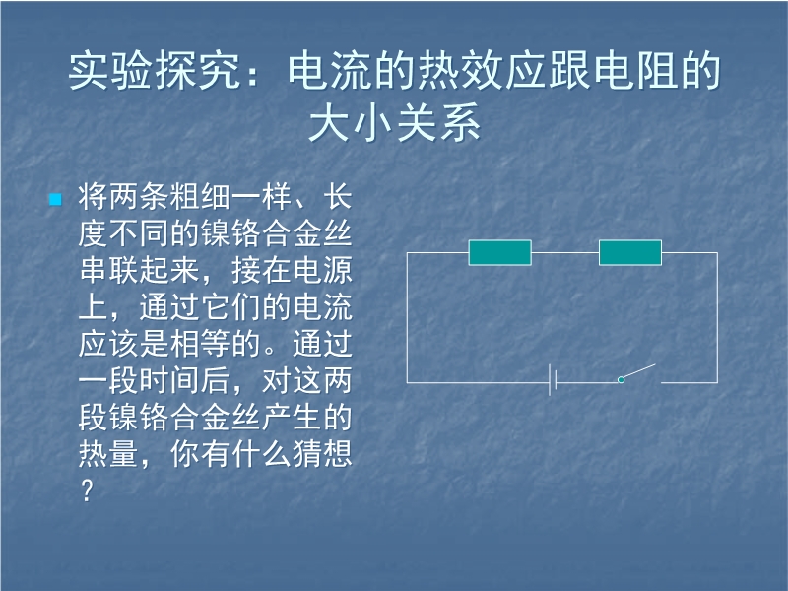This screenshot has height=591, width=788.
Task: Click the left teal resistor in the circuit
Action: point(500,252)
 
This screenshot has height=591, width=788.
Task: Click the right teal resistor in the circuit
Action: point(630,252)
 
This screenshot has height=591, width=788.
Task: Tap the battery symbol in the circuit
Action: point(553,380)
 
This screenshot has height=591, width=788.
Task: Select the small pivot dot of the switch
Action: point(622,380)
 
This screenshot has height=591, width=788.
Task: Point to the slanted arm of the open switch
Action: point(638,372)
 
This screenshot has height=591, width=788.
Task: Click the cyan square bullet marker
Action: point(55,200)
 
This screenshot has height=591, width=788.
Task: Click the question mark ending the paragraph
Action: point(87,491)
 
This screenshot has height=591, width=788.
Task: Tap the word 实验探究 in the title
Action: point(155,71)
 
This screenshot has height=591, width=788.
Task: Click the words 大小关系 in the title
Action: point(395,122)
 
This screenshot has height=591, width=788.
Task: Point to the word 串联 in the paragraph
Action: point(109,270)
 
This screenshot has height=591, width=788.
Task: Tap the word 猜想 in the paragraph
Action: point(323,454)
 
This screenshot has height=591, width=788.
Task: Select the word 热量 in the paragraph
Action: point(108,454)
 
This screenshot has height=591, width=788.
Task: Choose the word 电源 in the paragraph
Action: point(323,270)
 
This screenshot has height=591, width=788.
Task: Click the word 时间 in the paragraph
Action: point(169,380)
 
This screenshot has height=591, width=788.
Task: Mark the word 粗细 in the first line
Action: point(201,196)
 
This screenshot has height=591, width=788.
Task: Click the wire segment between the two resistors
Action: point(564,252)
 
